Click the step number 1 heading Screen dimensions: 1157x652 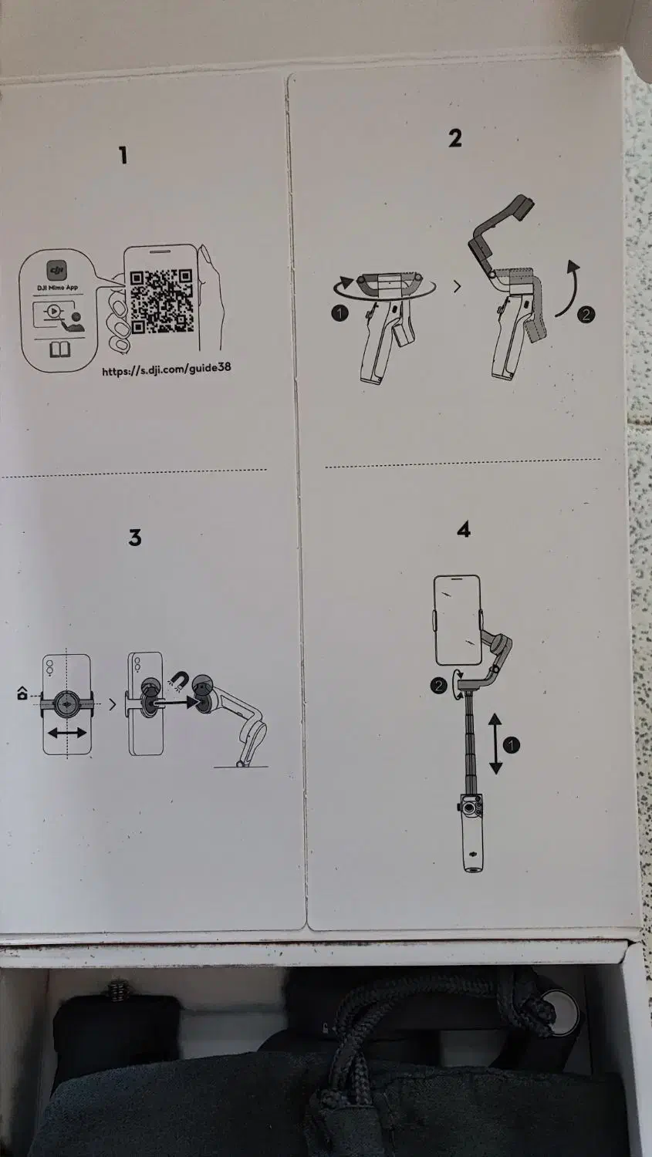pos(123,156)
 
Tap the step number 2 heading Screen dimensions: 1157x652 pos(455,138)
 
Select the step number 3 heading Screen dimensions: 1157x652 pos(135,538)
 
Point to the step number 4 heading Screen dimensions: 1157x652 pos(464,530)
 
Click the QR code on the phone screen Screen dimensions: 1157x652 pos(161,301)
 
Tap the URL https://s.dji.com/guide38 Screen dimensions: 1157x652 pos(166,369)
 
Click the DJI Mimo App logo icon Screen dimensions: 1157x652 pos(57,271)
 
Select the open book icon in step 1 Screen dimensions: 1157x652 pos(59,351)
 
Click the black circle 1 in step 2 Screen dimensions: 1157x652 pos(339,313)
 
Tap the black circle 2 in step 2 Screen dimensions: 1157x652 pos(586,314)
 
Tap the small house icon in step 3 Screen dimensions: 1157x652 pos(22,693)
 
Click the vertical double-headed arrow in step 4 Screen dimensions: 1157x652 pos(495,744)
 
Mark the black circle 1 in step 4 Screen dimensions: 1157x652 pos(512,745)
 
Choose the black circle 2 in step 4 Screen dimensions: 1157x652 pos(439,685)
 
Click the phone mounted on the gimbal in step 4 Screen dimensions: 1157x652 pos(458,619)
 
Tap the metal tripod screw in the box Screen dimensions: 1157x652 pos(118,988)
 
